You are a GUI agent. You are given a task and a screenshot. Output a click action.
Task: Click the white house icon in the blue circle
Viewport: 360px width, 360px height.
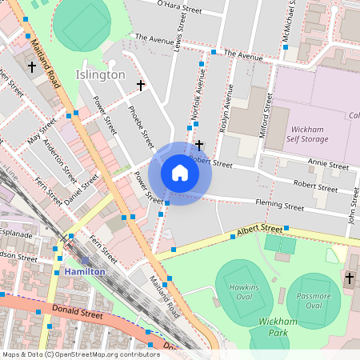pos(180,173)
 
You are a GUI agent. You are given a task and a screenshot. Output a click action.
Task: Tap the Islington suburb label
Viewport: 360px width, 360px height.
pos(101,74)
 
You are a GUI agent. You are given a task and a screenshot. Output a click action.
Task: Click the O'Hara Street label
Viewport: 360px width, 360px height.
pos(179,8)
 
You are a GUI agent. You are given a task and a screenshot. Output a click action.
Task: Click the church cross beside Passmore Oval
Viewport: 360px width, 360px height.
pos(349,278)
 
